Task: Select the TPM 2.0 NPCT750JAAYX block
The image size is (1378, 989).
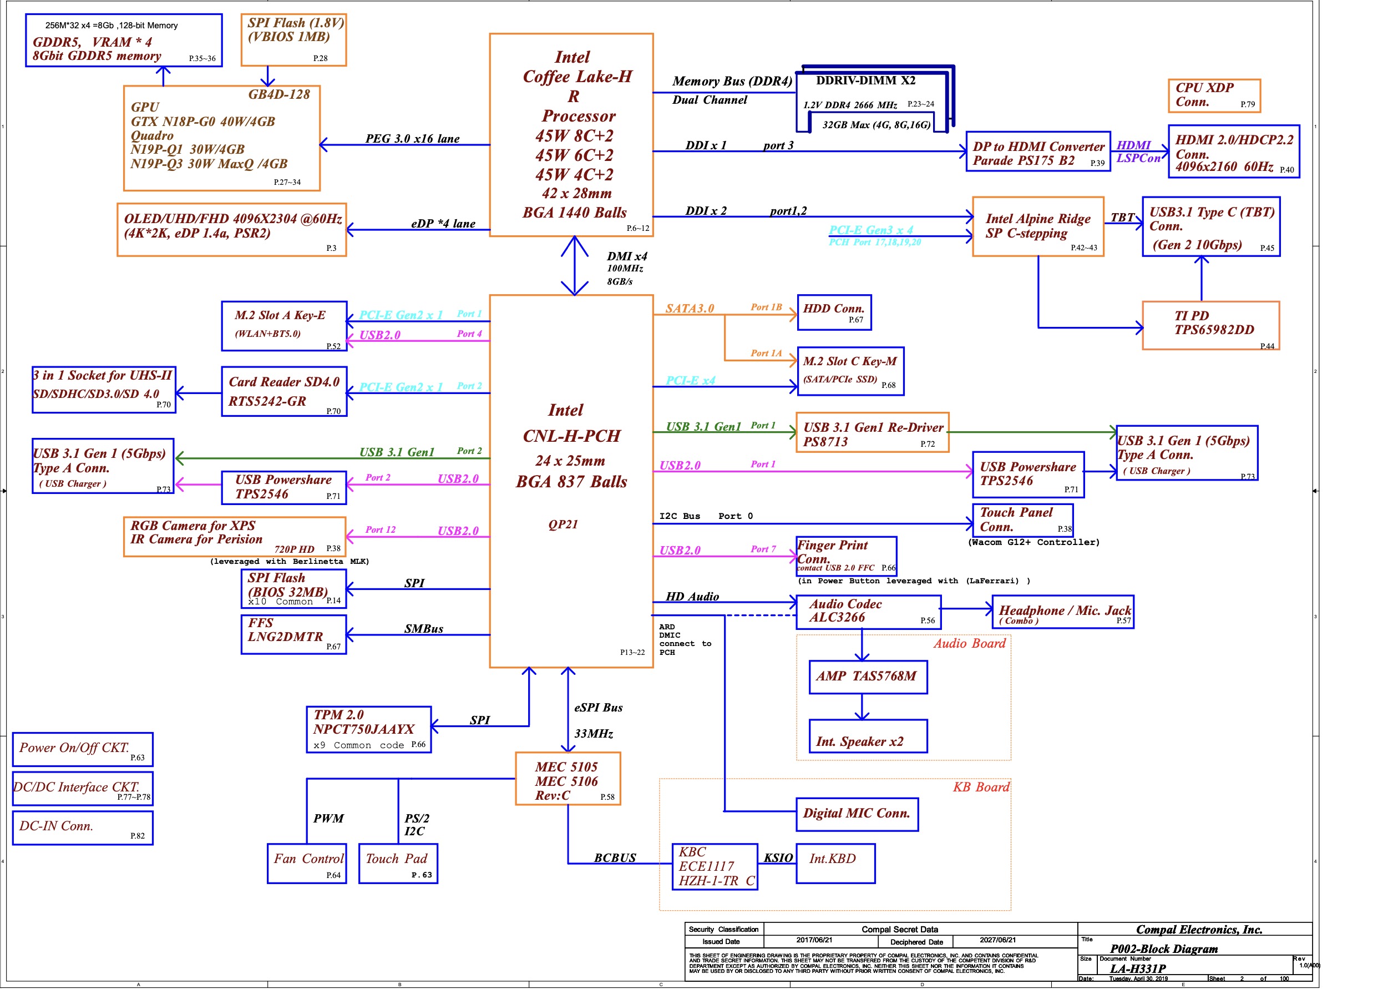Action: [369, 729]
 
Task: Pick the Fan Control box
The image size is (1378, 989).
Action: [307, 862]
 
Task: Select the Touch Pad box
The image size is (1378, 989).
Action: [398, 862]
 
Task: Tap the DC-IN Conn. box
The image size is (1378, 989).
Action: [83, 827]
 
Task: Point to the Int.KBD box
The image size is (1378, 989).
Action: [835, 862]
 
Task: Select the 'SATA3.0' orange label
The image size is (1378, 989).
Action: [690, 308]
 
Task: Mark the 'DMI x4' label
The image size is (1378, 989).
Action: [626, 256]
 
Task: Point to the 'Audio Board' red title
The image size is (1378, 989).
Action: [969, 643]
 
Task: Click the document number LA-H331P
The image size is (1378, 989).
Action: [1137, 969]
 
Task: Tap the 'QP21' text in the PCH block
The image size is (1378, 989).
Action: [563, 524]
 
